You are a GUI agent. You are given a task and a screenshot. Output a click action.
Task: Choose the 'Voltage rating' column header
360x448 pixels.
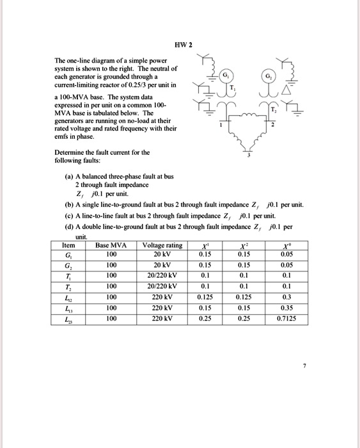tap(162, 245)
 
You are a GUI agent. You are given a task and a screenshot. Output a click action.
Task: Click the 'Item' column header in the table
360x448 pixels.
tap(68, 245)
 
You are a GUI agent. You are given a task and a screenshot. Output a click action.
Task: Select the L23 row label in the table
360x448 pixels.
tap(68, 318)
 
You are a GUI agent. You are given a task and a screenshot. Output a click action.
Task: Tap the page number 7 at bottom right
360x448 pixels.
tap(305, 366)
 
